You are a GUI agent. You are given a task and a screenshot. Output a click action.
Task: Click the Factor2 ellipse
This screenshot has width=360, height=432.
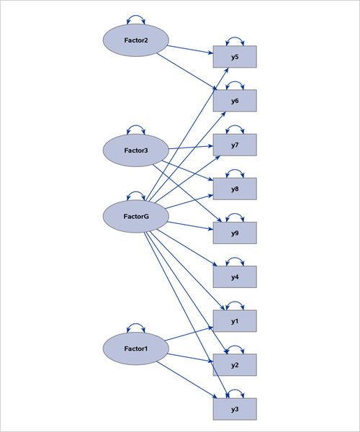(136, 40)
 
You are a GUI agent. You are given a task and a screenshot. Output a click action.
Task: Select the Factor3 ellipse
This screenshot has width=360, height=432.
(136, 150)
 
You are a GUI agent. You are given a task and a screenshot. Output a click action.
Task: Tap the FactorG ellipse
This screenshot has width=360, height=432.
(136, 216)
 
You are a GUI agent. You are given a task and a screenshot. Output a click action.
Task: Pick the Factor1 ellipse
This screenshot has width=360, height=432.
(136, 349)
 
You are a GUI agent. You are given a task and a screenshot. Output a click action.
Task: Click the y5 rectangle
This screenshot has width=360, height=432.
(235, 57)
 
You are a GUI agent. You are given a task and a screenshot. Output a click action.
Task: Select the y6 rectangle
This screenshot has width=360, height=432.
(235, 101)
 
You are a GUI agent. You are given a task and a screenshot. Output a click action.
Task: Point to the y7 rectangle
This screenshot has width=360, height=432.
(235, 145)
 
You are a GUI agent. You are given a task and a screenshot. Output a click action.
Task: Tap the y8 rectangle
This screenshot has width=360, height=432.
(235, 189)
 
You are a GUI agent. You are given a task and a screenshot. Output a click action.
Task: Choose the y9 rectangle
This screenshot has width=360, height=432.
(235, 233)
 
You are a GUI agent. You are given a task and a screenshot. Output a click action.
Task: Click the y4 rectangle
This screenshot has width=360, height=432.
(235, 277)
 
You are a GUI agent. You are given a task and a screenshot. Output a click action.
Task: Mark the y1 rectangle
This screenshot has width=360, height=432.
(235, 321)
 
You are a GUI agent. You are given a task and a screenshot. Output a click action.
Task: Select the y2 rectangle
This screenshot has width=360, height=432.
(235, 365)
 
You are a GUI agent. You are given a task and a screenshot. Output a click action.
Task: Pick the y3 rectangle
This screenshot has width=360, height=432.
(235, 409)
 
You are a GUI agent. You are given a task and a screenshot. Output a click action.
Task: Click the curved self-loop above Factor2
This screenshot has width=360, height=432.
(136, 18)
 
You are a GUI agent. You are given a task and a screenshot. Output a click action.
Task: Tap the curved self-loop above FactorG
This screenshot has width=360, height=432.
(136, 194)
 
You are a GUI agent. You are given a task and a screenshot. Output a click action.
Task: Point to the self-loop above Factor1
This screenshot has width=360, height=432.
(136, 327)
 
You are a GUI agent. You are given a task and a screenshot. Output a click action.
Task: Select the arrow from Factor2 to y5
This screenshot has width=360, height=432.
(190, 50)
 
